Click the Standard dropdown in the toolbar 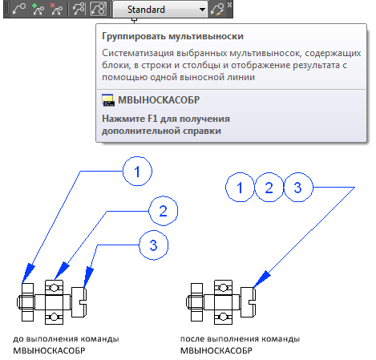(160, 10)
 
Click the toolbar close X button (229, 5)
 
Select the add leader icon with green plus (38, 10)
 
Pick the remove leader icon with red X (56, 10)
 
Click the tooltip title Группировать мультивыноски (172, 36)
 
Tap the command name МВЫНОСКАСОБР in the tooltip (159, 100)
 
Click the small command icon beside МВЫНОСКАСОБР (108, 100)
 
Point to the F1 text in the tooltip (152, 119)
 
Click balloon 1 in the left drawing (137, 172)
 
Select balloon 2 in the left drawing (163, 211)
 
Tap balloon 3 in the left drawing (154, 245)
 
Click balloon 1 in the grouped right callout (240, 188)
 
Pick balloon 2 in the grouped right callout (269, 188)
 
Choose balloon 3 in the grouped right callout (298, 188)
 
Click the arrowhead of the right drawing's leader (261, 279)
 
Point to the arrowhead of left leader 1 (28, 273)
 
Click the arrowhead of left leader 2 (62, 271)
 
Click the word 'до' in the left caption (18, 339)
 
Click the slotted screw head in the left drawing (79, 302)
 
